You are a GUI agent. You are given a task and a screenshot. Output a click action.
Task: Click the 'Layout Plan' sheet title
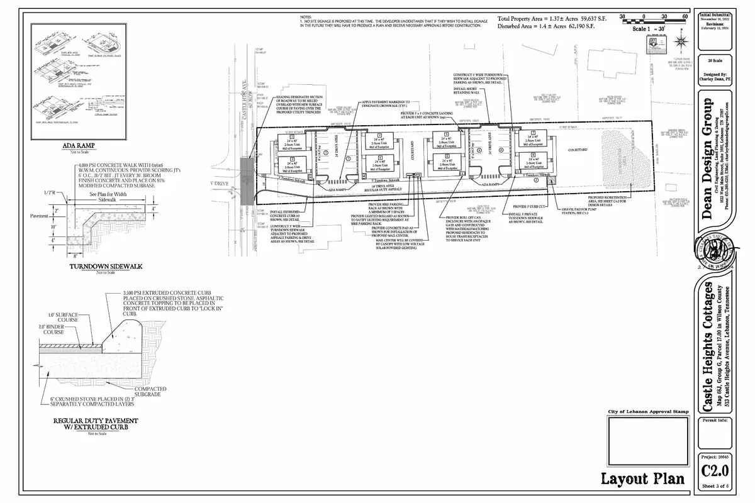coord(642,479)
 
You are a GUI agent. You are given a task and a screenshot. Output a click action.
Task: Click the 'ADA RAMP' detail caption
coord(75,148)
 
